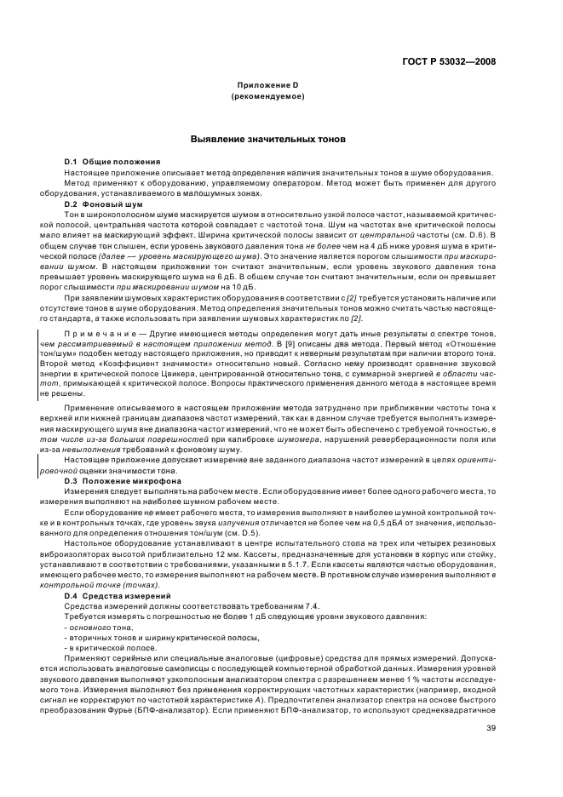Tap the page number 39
tap(491, 728)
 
